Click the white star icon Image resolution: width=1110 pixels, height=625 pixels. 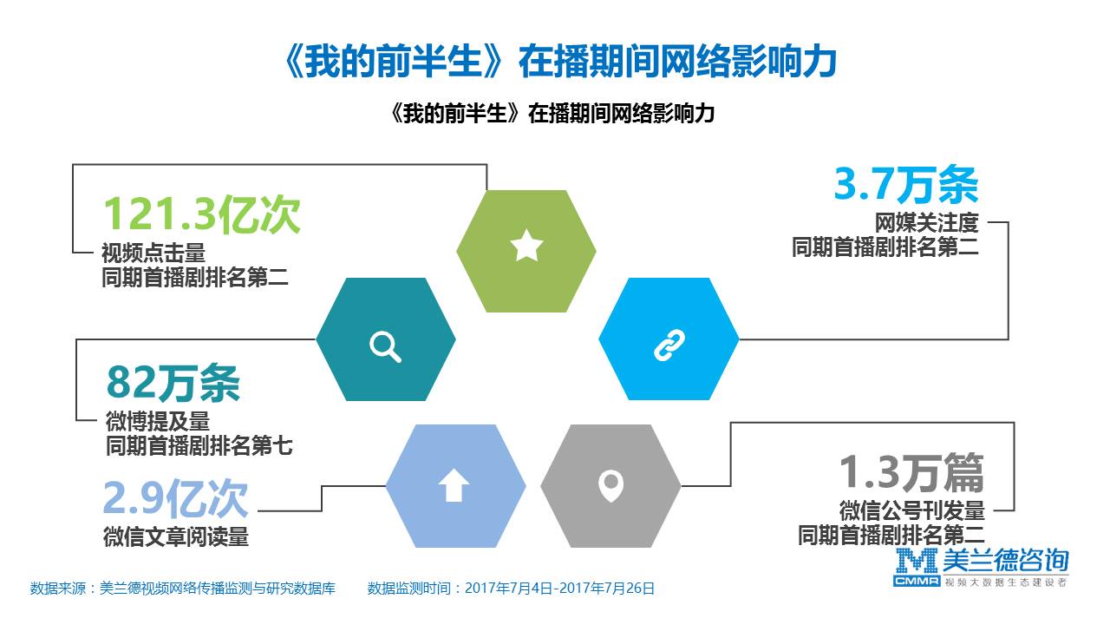(526, 245)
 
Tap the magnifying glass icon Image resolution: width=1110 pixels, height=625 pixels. (385, 346)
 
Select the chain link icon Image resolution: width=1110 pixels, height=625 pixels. (669, 345)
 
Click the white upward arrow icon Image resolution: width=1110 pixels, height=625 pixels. (454, 484)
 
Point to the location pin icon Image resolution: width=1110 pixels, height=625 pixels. (610, 485)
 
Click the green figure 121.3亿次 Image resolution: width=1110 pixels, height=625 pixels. (202, 214)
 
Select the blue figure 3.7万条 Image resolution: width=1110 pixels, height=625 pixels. (906, 184)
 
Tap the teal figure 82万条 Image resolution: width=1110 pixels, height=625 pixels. (173, 383)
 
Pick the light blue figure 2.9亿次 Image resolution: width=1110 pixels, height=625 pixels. (175, 498)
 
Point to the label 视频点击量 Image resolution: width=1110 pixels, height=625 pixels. (153, 253)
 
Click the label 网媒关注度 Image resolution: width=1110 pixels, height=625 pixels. (926, 223)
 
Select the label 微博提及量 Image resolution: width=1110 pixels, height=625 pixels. (158, 421)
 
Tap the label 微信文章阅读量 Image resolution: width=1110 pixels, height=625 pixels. (176, 536)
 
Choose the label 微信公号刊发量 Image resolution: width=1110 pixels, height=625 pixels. (911, 510)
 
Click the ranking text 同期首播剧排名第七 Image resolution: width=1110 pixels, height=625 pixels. (199, 445)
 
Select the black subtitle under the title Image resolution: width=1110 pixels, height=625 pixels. (552, 113)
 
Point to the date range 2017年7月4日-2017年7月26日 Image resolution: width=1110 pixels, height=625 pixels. (559, 589)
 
